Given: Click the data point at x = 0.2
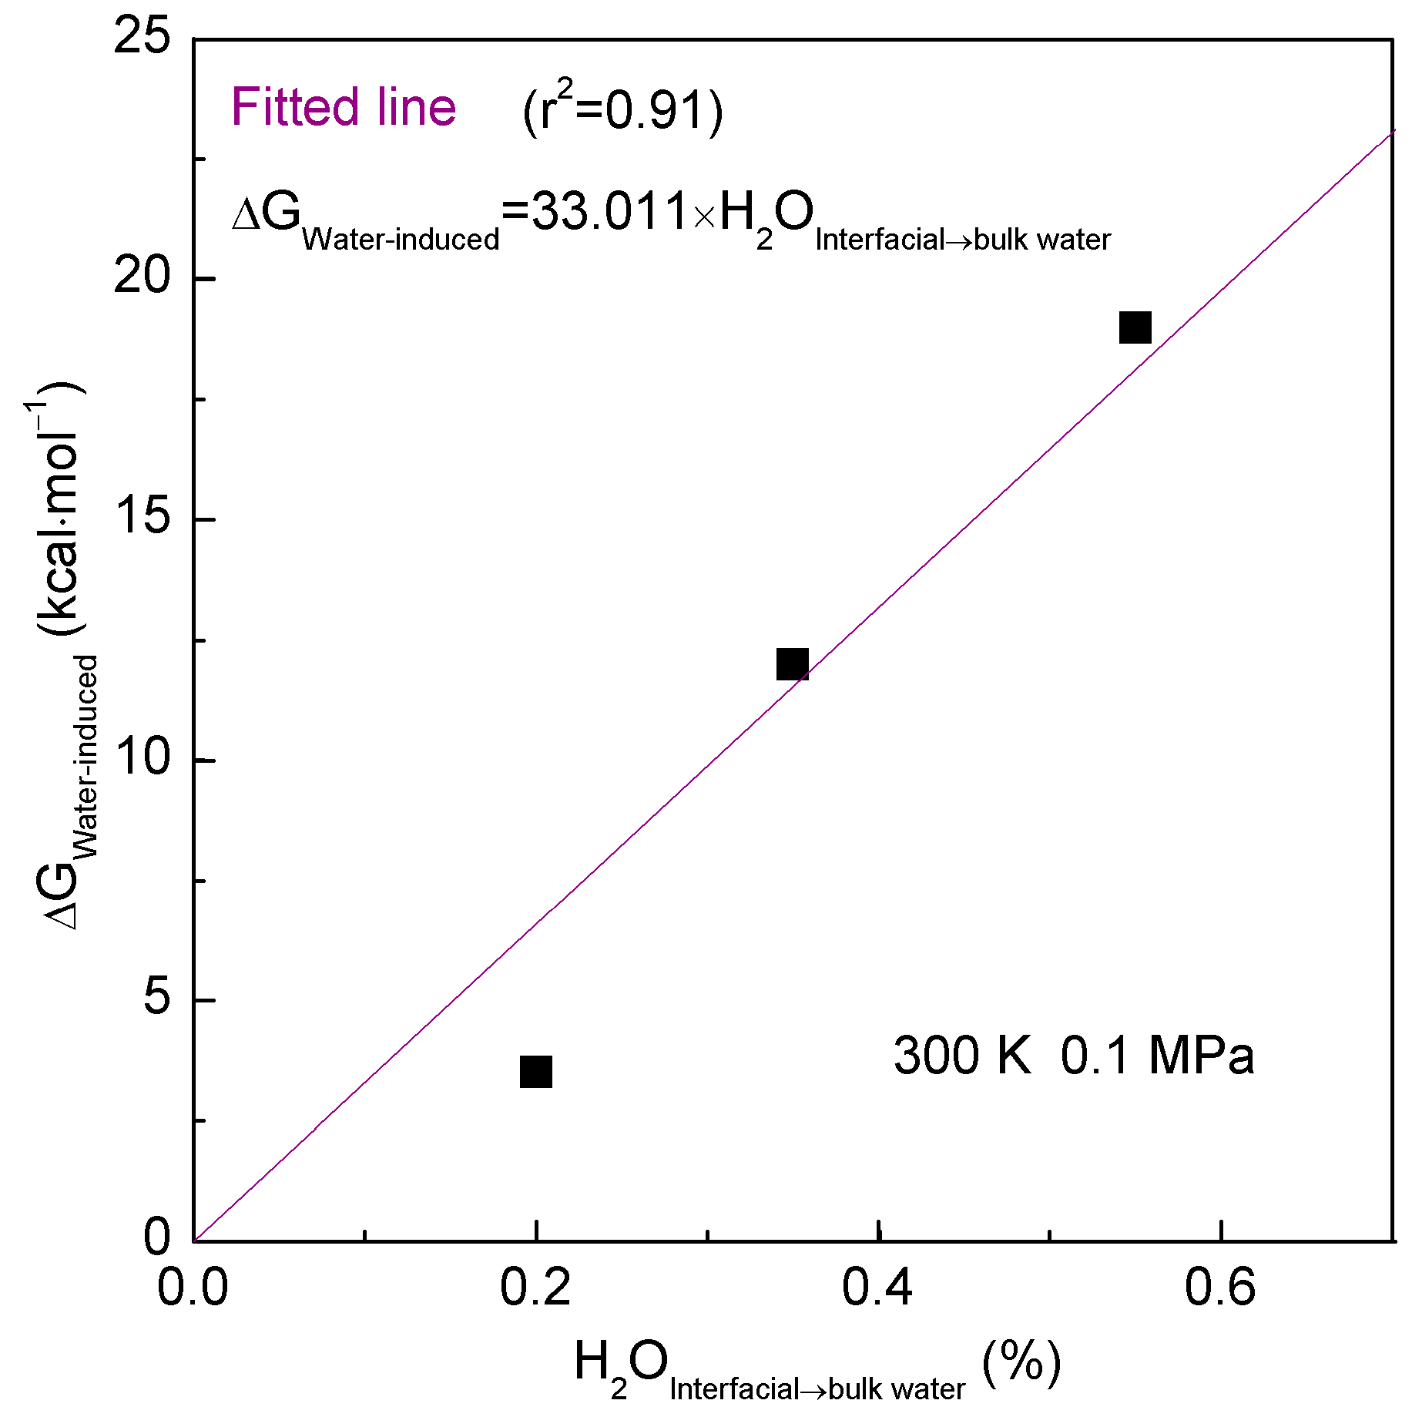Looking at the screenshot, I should tap(536, 1072).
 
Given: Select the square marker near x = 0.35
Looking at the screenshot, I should tap(793, 664).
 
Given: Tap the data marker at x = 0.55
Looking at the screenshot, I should tap(1135, 327).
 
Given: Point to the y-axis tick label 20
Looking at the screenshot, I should tap(142, 277).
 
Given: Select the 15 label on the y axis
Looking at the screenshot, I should tap(142, 518).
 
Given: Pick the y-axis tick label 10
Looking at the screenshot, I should tap(142, 758).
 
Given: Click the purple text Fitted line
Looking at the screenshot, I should tap(344, 107).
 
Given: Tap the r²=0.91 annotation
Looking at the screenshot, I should tap(622, 110).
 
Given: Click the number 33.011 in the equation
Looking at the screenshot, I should tap(609, 212).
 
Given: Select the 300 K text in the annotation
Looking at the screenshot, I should tap(961, 1055).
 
